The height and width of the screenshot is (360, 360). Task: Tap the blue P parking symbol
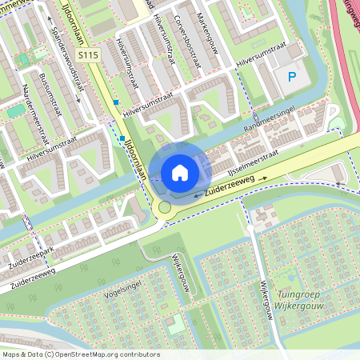pos(292,78)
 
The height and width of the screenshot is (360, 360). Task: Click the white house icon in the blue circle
pos(180,172)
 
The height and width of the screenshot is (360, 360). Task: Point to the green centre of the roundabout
pos(165,207)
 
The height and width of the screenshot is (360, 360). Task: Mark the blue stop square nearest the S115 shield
pos(116,102)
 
